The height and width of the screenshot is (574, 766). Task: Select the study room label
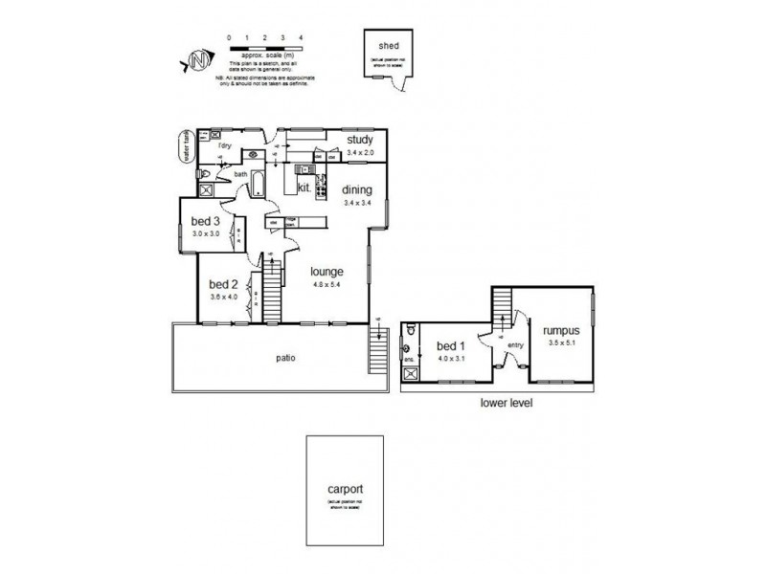tap(360, 140)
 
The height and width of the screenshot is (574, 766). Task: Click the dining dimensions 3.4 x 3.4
tap(356, 203)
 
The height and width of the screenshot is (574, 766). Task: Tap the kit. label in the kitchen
tap(304, 188)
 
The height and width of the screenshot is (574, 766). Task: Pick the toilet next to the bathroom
tap(205, 173)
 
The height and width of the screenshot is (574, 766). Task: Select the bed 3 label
tap(205, 222)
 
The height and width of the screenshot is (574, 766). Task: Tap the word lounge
tap(327, 271)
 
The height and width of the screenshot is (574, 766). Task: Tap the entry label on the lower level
tap(515, 346)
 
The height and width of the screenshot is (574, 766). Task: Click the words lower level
tap(505, 403)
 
